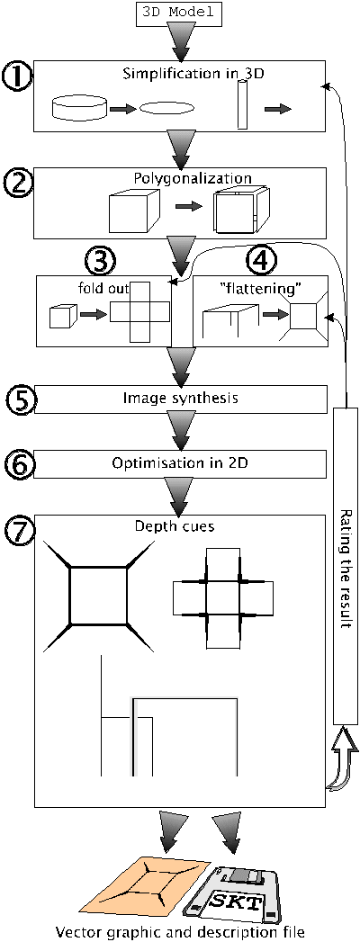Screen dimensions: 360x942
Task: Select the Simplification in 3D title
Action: coord(181,75)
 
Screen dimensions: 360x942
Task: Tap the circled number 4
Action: coord(262,259)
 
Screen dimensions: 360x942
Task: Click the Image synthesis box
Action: coord(180,397)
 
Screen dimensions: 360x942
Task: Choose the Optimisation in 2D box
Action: coord(180,463)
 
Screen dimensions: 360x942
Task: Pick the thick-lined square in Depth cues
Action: coord(99,596)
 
